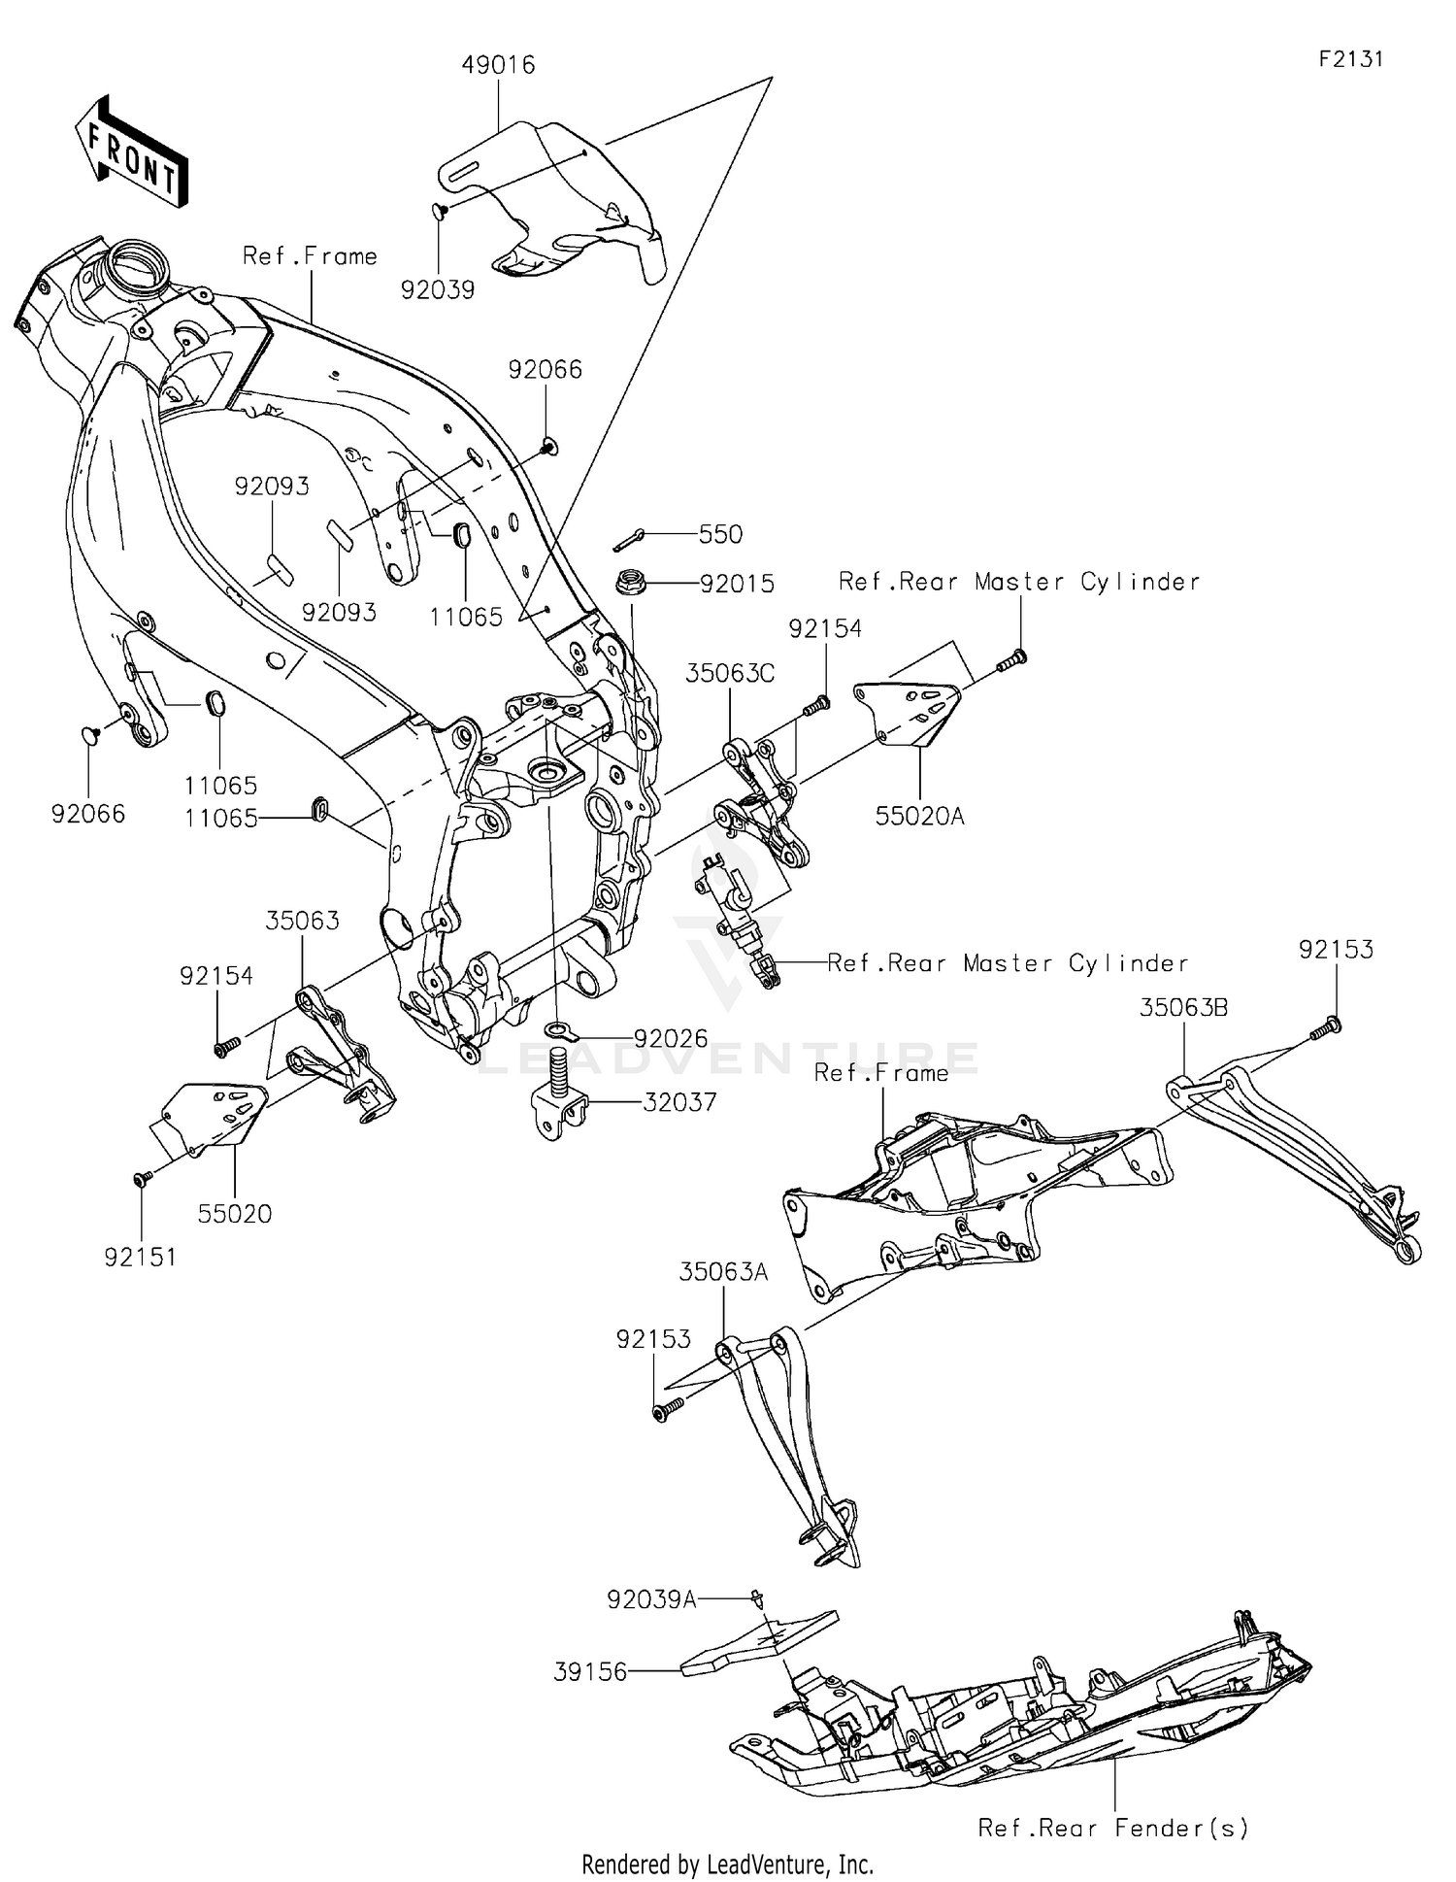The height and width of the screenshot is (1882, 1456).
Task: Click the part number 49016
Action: click(498, 65)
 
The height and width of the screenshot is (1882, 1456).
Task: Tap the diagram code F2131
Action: click(1350, 59)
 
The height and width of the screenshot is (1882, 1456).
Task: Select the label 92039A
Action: click(651, 1599)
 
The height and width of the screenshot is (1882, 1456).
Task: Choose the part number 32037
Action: click(679, 1102)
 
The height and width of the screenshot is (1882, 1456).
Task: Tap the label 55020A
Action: click(919, 817)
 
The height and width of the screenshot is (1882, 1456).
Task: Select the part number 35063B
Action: click(1183, 1008)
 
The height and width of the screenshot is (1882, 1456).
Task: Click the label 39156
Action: click(590, 1672)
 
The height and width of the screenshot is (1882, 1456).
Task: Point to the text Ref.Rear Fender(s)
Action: click(1113, 1828)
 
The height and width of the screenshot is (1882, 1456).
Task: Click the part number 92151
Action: click(141, 1257)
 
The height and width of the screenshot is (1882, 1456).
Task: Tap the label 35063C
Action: click(730, 673)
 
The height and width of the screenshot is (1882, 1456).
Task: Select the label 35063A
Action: click(723, 1272)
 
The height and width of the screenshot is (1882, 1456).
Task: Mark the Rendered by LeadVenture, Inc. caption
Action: click(727, 1864)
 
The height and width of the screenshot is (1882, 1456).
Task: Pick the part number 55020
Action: click(235, 1213)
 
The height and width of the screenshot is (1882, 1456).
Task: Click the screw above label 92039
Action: click(439, 209)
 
